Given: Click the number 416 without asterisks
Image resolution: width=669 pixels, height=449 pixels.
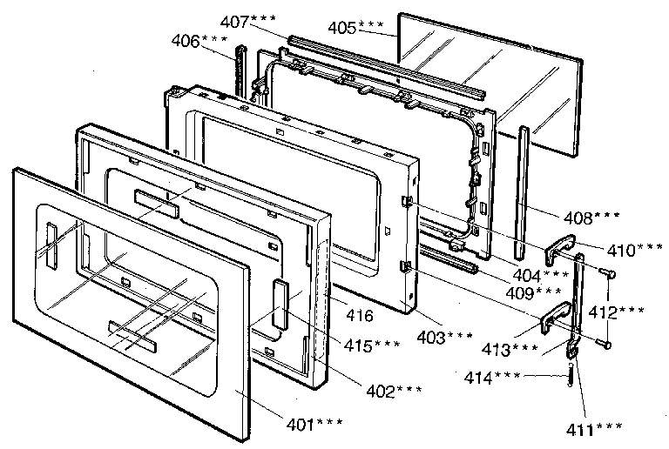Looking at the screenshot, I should click(361, 318).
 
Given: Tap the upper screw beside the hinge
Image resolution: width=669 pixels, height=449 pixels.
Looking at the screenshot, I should click(607, 274).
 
